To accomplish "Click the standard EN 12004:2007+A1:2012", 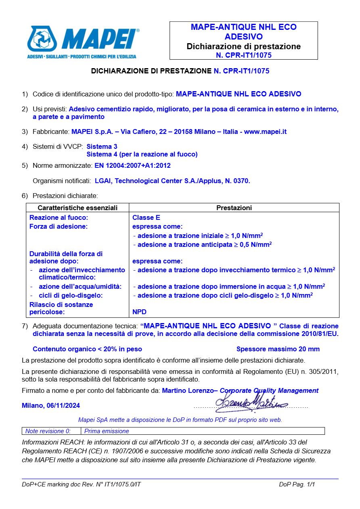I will click(x=135, y=165).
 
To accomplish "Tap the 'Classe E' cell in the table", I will click(x=146, y=217).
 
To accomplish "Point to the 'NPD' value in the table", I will click(x=139, y=312).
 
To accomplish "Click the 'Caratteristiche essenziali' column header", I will click(x=77, y=208).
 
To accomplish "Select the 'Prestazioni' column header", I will click(x=234, y=208).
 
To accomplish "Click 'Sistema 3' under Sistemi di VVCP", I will click(x=102, y=146).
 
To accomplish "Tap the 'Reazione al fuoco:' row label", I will click(x=59, y=217).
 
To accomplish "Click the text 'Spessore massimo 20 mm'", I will click(x=278, y=349).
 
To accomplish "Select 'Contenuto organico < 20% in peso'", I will click(x=87, y=349).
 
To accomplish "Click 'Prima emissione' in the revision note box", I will click(x=107, y=431).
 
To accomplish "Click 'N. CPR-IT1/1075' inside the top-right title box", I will click(x=243, y=55).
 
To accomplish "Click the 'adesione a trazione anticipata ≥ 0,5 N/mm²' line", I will click(x=202, y=244).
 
